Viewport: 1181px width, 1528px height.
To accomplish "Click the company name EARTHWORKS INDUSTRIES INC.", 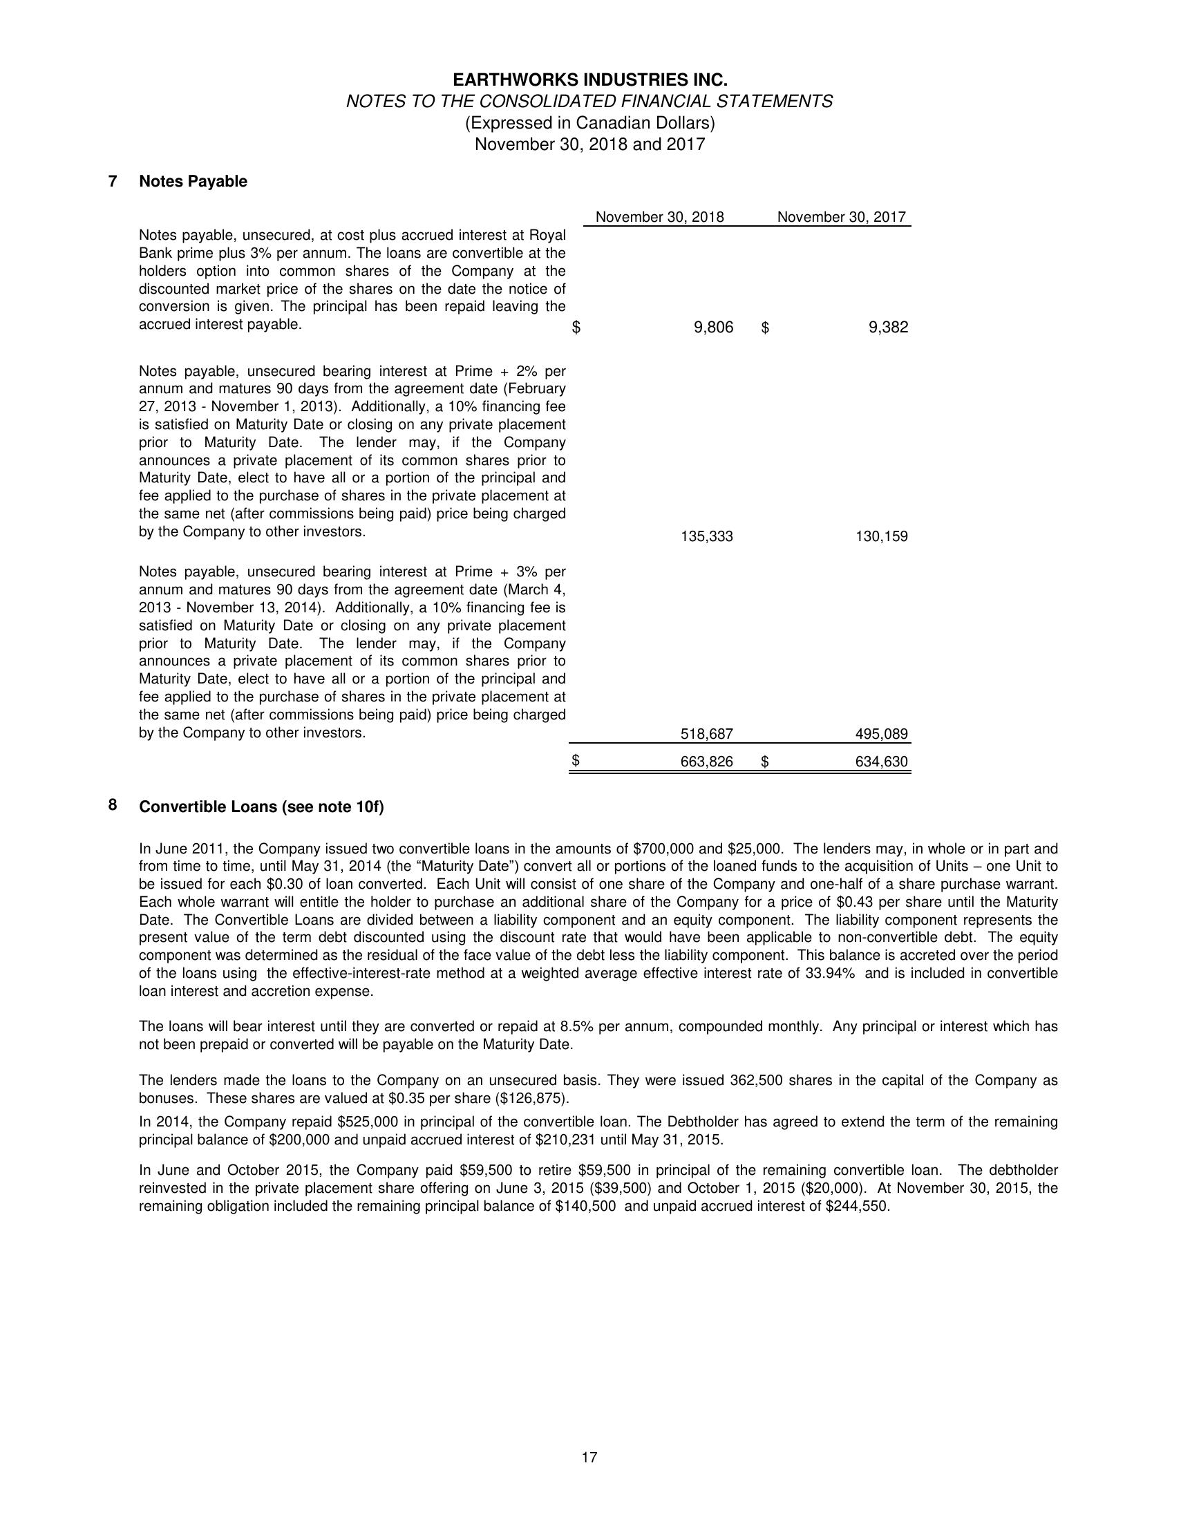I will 589,79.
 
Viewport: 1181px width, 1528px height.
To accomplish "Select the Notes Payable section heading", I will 193,182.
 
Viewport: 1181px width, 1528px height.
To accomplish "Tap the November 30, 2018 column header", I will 659,217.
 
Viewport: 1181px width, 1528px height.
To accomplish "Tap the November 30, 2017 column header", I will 841,217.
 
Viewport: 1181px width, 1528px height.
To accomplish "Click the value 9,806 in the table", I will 713,328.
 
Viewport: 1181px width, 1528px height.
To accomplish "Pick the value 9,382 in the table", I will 888,328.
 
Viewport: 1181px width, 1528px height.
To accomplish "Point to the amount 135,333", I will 707,536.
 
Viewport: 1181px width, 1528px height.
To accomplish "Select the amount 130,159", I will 882,536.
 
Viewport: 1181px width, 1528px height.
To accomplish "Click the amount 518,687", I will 707,734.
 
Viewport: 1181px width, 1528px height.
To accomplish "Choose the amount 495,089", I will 882,734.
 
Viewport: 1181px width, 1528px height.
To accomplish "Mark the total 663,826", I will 707,762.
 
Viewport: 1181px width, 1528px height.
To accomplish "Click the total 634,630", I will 882,762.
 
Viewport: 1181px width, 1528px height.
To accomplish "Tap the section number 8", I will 113,805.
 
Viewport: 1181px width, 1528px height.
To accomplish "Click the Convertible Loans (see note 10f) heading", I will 262,807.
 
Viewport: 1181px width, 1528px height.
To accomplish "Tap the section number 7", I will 113,181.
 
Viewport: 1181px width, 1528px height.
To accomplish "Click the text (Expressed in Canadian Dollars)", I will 589,123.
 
